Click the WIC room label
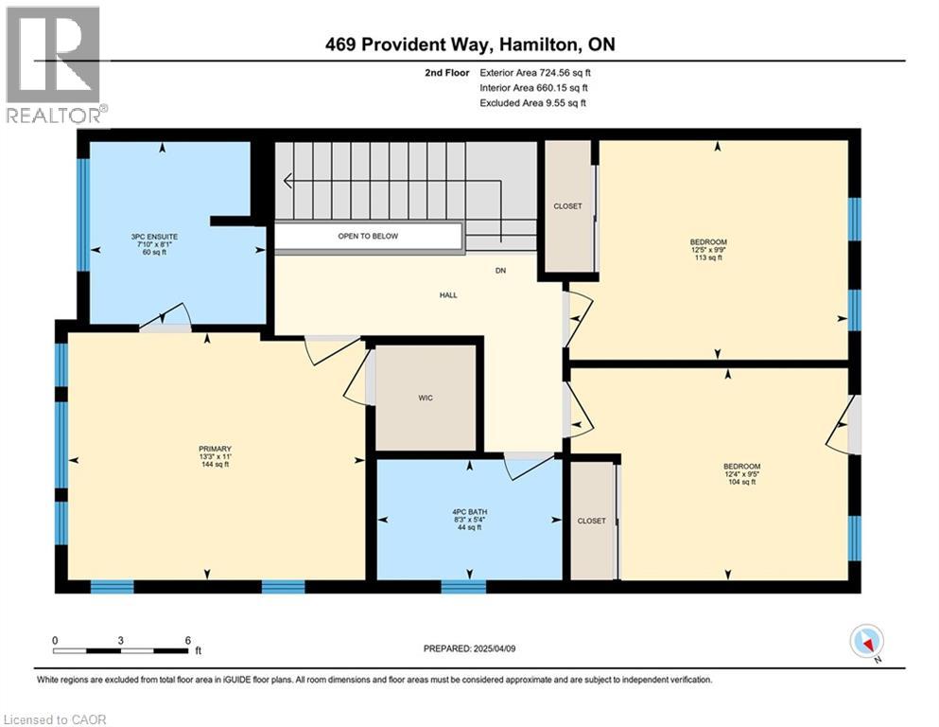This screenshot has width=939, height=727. [426, 398]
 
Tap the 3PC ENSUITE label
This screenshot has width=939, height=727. [154, 237]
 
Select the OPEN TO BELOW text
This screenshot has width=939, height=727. [368, 236]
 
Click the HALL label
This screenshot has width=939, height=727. [448, 295]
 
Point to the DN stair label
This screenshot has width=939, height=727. [500, 271]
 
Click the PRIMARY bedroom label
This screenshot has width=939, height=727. [215, 449]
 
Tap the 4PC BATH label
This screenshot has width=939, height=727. [469, 512]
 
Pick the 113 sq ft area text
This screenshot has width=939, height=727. [708, 257]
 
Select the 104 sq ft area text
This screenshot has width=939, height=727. [742, 482]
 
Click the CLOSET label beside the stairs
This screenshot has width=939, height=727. [567, 206]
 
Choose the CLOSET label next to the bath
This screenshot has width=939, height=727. [592, 521]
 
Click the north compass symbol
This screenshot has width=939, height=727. [867, 642]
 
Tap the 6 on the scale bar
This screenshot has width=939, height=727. [188, 640]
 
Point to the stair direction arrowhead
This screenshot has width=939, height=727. [288, 181]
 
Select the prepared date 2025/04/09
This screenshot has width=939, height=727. [494, 648]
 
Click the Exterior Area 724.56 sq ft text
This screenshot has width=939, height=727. [535, 73]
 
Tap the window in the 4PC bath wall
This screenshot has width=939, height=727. [463, 586]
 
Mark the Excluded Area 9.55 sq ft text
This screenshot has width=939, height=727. [533, 102]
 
